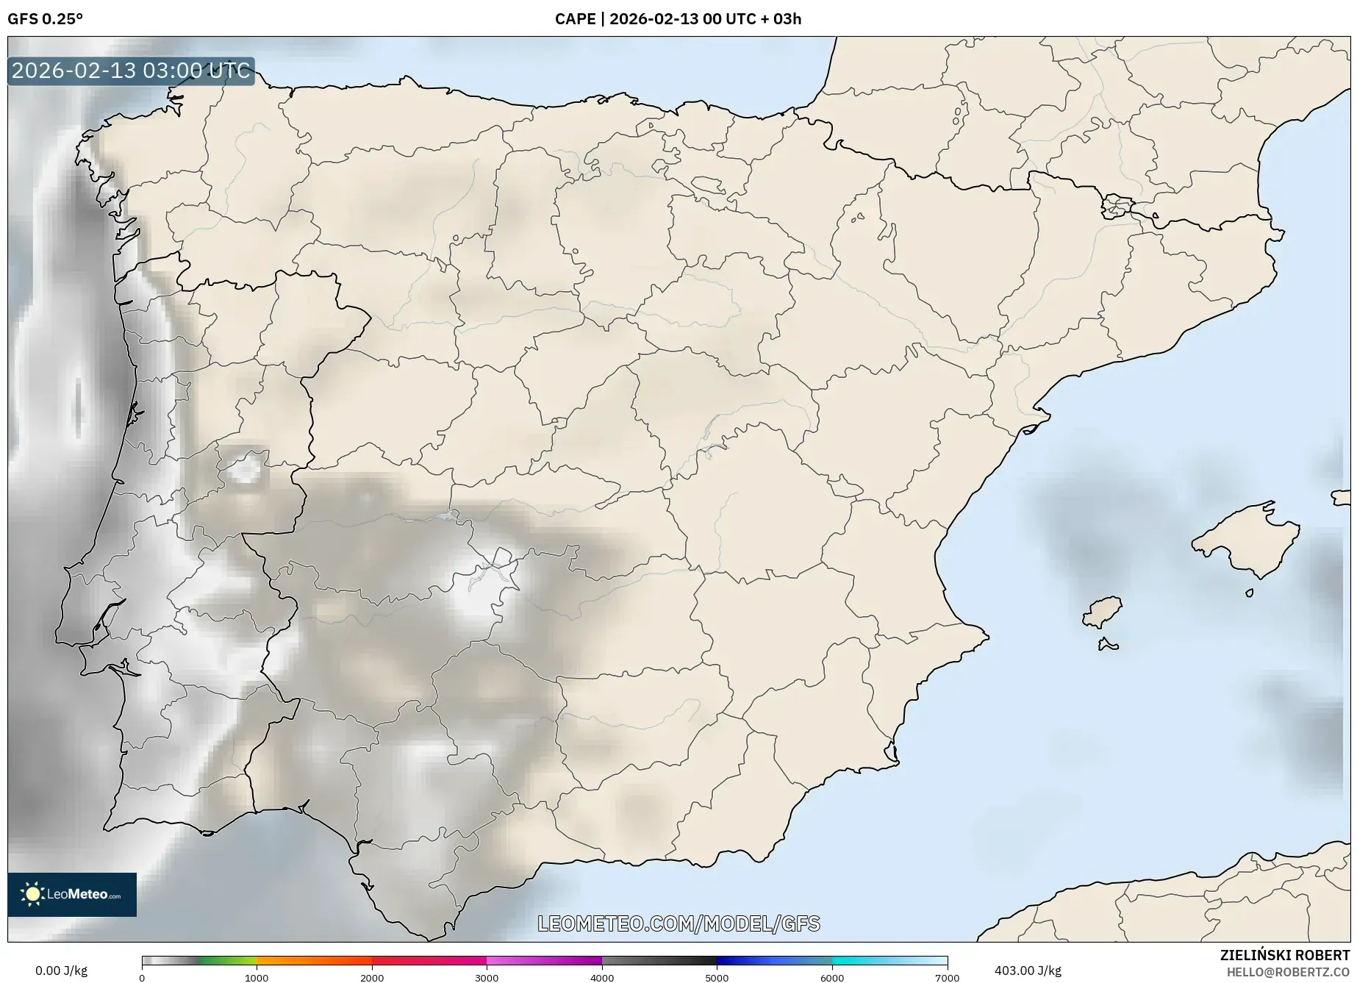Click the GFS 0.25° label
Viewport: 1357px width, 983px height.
tap(46, 19)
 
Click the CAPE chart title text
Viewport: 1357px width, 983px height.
tap(678, 19)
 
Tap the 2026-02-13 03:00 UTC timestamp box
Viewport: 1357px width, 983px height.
tap(131, 71)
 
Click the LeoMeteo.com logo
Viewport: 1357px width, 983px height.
tap(72, 894)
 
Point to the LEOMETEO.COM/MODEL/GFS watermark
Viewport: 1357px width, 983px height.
tap(678, 923)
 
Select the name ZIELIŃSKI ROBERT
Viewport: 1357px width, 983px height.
tap(1285, 955)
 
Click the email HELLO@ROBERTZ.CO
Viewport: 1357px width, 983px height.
tap(1288, 971)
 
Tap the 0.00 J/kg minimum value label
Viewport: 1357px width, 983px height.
tap(61, 971)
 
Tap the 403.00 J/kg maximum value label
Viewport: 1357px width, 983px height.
tap(1028, 971)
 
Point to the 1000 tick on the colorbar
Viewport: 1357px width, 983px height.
tap(257, 977)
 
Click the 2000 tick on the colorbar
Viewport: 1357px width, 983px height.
tap(372, 977)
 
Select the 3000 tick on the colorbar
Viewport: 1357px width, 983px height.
tap(487, 977)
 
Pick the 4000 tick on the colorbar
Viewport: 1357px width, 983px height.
tap(602, 977)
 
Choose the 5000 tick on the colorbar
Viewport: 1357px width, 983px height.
tap(717, 977)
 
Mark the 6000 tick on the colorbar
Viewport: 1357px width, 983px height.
tap(832, 977)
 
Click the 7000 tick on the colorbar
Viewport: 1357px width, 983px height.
tap(947, 977)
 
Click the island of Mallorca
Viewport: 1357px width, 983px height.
tap(1246, 540)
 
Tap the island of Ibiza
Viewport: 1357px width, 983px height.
tap(1103, 612)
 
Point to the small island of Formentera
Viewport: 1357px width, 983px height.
tap(1108, 646)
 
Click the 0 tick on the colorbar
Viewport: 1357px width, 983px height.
tap(142, 977)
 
